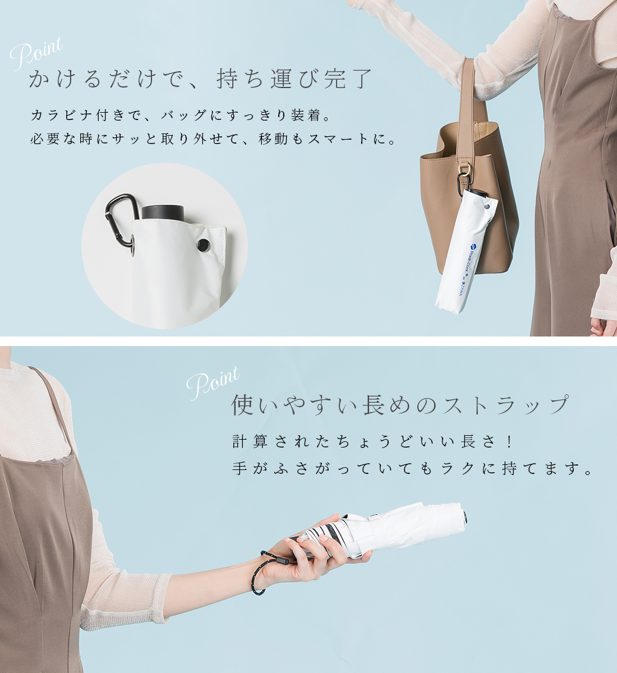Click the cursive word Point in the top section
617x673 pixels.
[x=36, y=54]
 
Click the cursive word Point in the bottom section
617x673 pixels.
[x=213, y=383]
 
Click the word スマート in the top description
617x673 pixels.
[x=339, y=139]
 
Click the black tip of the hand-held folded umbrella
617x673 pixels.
[x=465, y=519]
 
